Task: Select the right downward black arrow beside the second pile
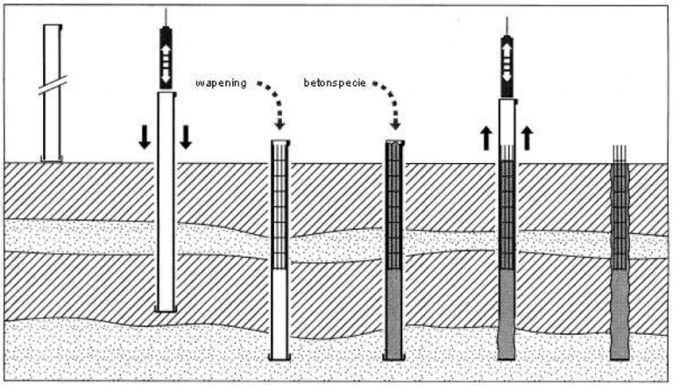pos(186,137)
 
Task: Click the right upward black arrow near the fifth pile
pos(527,137)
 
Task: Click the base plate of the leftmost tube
pos(52,159)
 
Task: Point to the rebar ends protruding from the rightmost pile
pos(620,154)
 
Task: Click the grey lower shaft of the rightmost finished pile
pos(620,311)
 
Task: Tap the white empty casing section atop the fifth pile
pos(506,123)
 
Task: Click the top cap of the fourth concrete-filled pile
pos(394,141)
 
